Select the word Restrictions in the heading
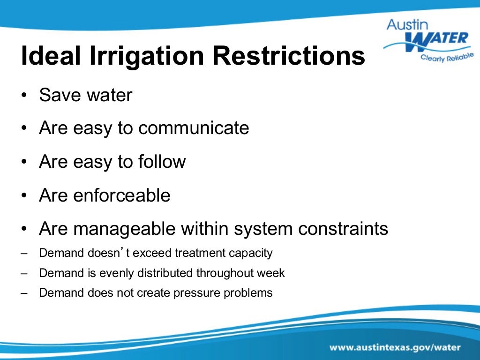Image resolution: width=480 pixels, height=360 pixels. pyautogui.click(x=289, y=56)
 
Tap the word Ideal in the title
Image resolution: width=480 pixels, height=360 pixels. pyautogui.click(x=49, y=56)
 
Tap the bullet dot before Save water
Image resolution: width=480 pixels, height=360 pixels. pyautogui.click(x=24, y=95)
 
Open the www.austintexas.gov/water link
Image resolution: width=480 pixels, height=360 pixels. pyautogui.click(x=395, y=348)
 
